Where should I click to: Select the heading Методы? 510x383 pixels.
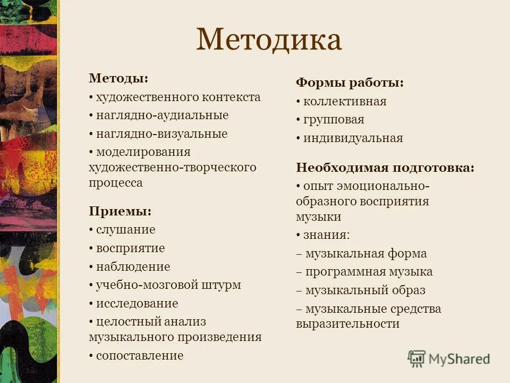(118, 78)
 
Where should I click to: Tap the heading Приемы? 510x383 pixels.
(120, 211)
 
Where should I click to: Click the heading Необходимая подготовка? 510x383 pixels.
(385, 168)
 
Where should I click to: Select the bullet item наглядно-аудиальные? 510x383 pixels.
(162, 115)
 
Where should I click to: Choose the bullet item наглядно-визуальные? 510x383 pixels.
(161, 134)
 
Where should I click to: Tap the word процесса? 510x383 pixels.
(116, 182)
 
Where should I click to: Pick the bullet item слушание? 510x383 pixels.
(125, 230)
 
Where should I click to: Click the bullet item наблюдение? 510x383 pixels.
(133, 267)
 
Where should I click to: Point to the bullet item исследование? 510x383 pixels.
(137, 304)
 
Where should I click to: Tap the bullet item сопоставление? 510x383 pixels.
(139, 356)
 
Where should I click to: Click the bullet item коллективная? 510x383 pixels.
(345, 101)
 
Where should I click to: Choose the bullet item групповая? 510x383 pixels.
(334, 120)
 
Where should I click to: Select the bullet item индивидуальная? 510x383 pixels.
(353, 138)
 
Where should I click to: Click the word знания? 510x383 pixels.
(326, 235)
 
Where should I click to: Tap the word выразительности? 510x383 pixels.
(347, 323)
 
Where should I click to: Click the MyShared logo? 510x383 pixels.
(449, 358)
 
